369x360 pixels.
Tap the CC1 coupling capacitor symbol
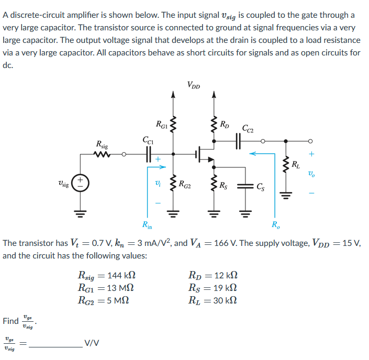tap(148, 154)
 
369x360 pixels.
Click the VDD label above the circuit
tap(193, 85)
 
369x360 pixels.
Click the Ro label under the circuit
tap(275, 226)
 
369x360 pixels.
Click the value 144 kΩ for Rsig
tap(124, 274)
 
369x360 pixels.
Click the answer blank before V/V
tap(55, 344)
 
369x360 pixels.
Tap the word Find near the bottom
tap(10, 321)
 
